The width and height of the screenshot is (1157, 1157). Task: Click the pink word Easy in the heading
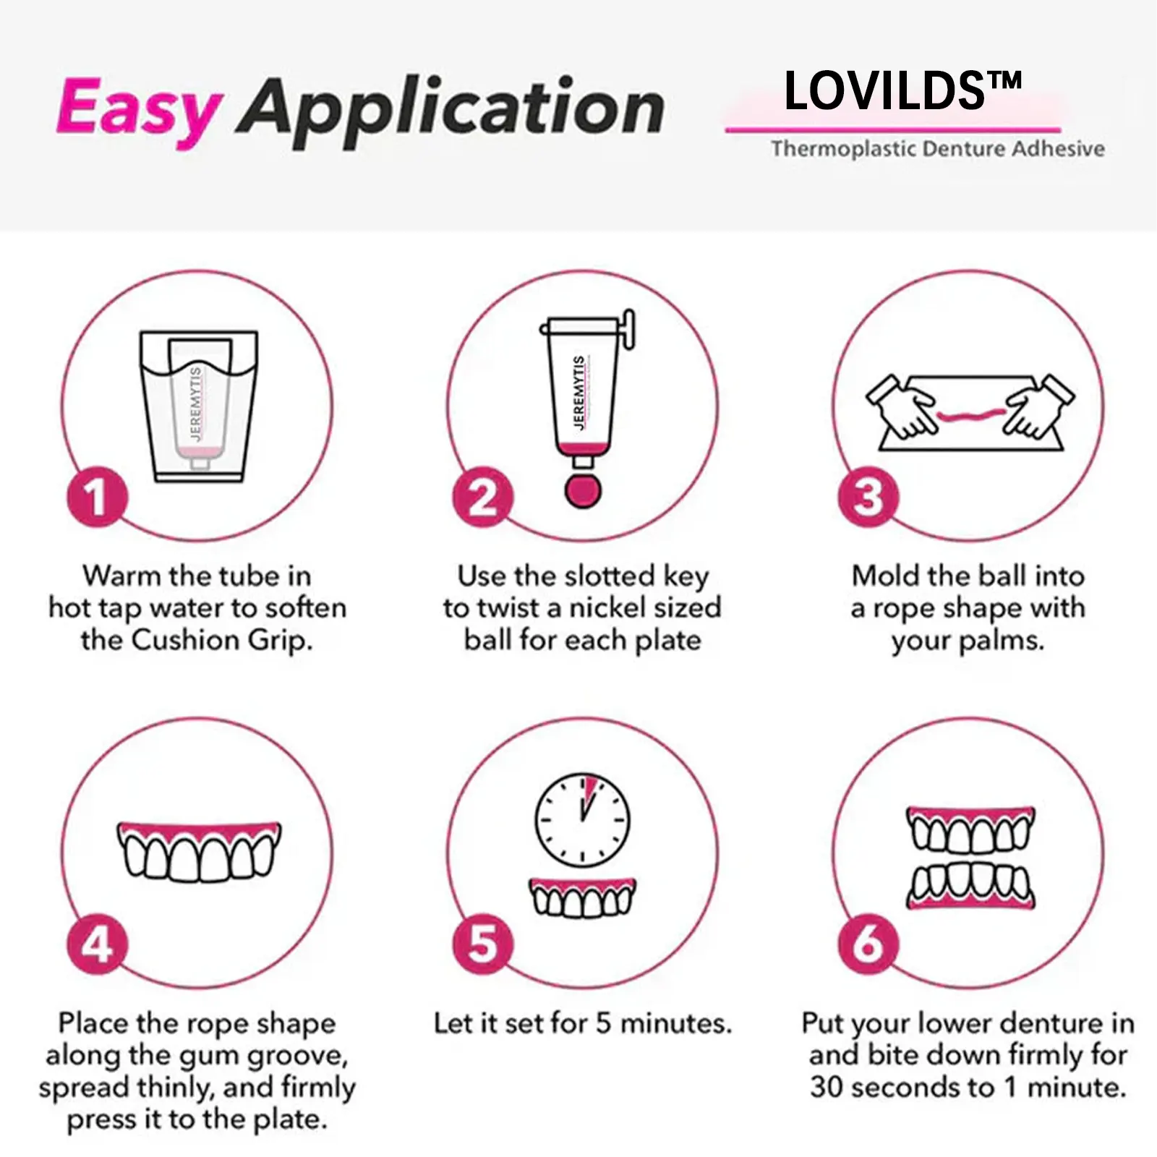(137, 110)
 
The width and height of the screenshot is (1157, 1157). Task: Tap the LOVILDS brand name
(902, 91)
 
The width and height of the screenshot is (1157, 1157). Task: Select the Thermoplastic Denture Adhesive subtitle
(937, 149)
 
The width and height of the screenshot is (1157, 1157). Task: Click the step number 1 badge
(97, 498)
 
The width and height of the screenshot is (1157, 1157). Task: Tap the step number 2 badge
(483, 498)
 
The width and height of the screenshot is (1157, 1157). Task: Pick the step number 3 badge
(868, 498)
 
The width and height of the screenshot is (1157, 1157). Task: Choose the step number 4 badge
(97, 944)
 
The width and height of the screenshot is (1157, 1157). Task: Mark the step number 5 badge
(483, 944)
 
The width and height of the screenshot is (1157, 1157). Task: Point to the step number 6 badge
(868, 944)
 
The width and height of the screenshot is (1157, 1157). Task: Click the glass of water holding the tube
(199, 405)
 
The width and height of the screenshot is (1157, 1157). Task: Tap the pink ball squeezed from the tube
(583, 490)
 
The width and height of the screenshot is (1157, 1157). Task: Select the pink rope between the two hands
(970, 416)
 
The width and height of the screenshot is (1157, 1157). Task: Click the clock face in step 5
(582, 820)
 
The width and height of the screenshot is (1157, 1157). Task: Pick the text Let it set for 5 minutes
(582, 1023)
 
